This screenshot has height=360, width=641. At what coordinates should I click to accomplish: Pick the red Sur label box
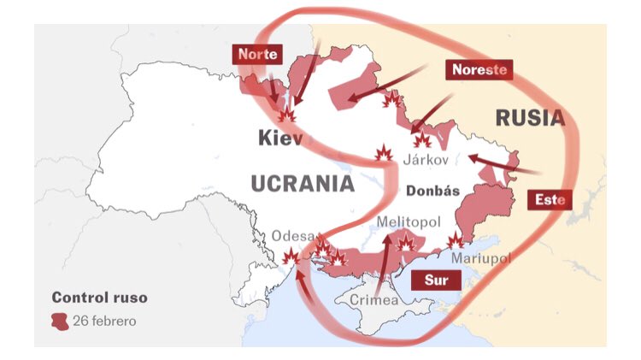click(x=436, y=280)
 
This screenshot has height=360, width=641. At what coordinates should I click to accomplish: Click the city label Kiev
click(x=279, y=138)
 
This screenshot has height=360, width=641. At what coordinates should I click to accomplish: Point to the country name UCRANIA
click(x=303, y=183)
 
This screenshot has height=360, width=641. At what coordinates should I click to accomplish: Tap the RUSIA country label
click(x=529, y=118)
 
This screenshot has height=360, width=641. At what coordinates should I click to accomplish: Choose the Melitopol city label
click(x=409, y=222)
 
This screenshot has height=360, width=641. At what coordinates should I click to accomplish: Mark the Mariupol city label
click(x=480, y=257)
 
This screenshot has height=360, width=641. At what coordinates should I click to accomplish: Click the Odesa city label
click(x=293, y=236)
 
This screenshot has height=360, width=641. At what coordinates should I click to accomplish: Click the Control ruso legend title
click(x=99, y=298)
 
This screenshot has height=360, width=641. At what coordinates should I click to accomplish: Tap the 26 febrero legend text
click(x=104, y=322)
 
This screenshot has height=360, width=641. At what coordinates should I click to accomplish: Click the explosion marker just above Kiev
click(x=287, y=113)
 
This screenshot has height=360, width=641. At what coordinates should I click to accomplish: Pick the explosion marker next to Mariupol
click(x=456, y=241)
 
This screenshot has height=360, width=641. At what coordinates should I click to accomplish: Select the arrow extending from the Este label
click(x=500, y=165)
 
